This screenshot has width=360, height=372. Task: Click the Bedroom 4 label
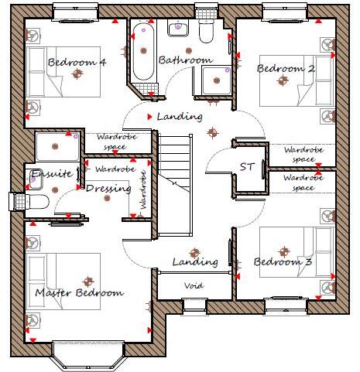pos(76,62)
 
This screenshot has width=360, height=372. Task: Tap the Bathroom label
pos(185,60)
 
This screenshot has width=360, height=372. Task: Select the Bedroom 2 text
pos(286,68)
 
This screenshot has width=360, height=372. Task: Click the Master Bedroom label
pos(79,293)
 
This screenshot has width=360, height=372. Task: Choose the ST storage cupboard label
pos(247,166)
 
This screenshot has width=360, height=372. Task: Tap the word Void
pos(194,286)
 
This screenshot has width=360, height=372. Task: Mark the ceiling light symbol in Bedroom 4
pos(76,74)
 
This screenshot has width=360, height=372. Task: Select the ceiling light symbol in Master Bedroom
pos(87,281)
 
